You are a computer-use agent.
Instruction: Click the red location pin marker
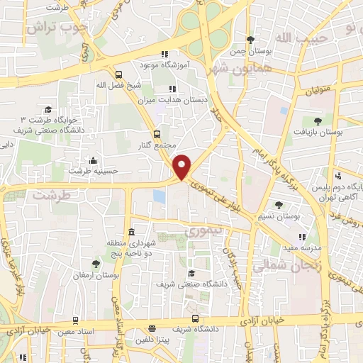tap(183, 166)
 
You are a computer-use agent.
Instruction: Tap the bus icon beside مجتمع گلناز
tap(157, 133)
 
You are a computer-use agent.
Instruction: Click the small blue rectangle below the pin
tap(160, 196)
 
